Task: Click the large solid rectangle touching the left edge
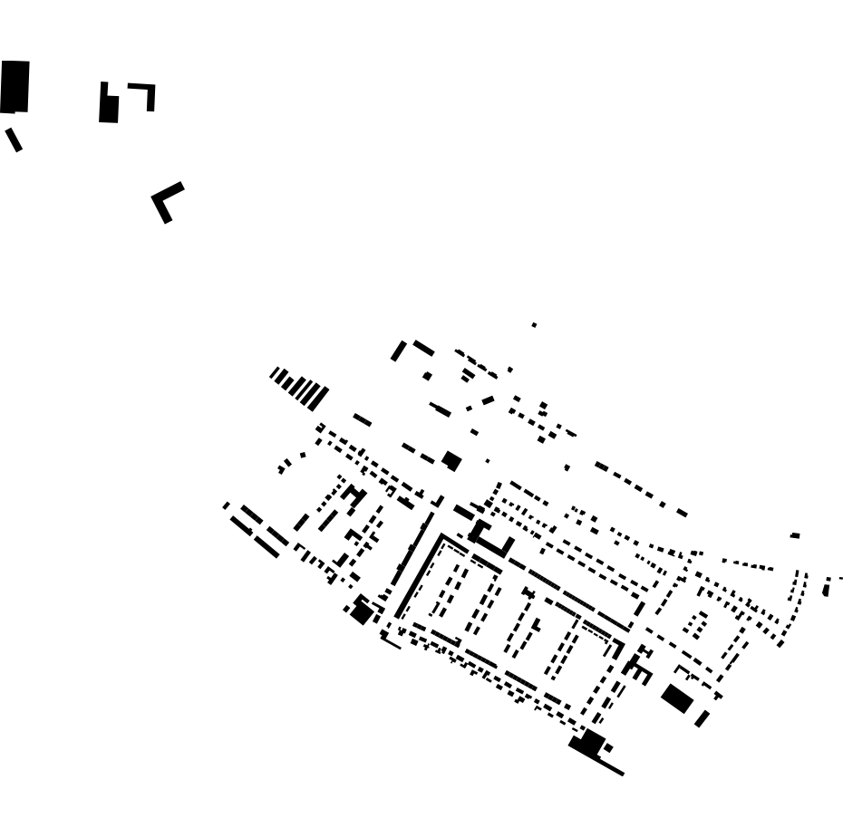tap(15, 86)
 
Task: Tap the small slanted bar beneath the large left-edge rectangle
tap(14, 139)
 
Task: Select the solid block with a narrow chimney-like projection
tap(108, 106)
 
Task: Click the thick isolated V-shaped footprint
tap(165, 202)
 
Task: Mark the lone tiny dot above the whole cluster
tap(534, 324)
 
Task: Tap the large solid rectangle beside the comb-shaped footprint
tap(677, 698)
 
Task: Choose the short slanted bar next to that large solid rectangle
tap(702, 718)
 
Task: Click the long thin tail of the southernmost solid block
tap(609, 765)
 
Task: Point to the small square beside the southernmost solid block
tap(608, 748)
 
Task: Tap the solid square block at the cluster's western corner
tap(362, 612)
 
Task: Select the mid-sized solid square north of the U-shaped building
tap(451, 461)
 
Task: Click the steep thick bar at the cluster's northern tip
tap(399, 351)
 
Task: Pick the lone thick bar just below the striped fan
tap(362, 419)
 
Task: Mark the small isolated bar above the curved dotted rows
tap(795, 535)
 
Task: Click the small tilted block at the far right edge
tap(826, 590)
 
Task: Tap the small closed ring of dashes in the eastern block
tap(696, 624)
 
